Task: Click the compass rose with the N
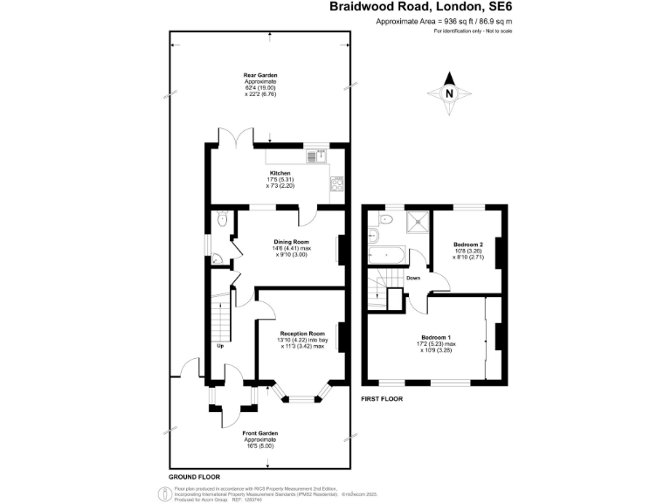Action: pyautogui.click(x=449, y=93)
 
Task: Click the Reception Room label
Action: pyautogui.click(x=302, y=333)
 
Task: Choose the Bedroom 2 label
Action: pyautogui.click(x=468, y=244)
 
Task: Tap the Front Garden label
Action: pyautogui.click(x=259, y=433)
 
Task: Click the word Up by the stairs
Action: pyautogui.click(x=220, y=346)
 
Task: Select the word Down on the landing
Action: pyautogui.click(x=413, y=279)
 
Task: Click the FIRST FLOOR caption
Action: pyautogui.click(x=382, y=398)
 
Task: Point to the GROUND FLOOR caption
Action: pyautogui.click(x=192, y=476)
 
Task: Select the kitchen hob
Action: pyautogui.click(x=336, y=185)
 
